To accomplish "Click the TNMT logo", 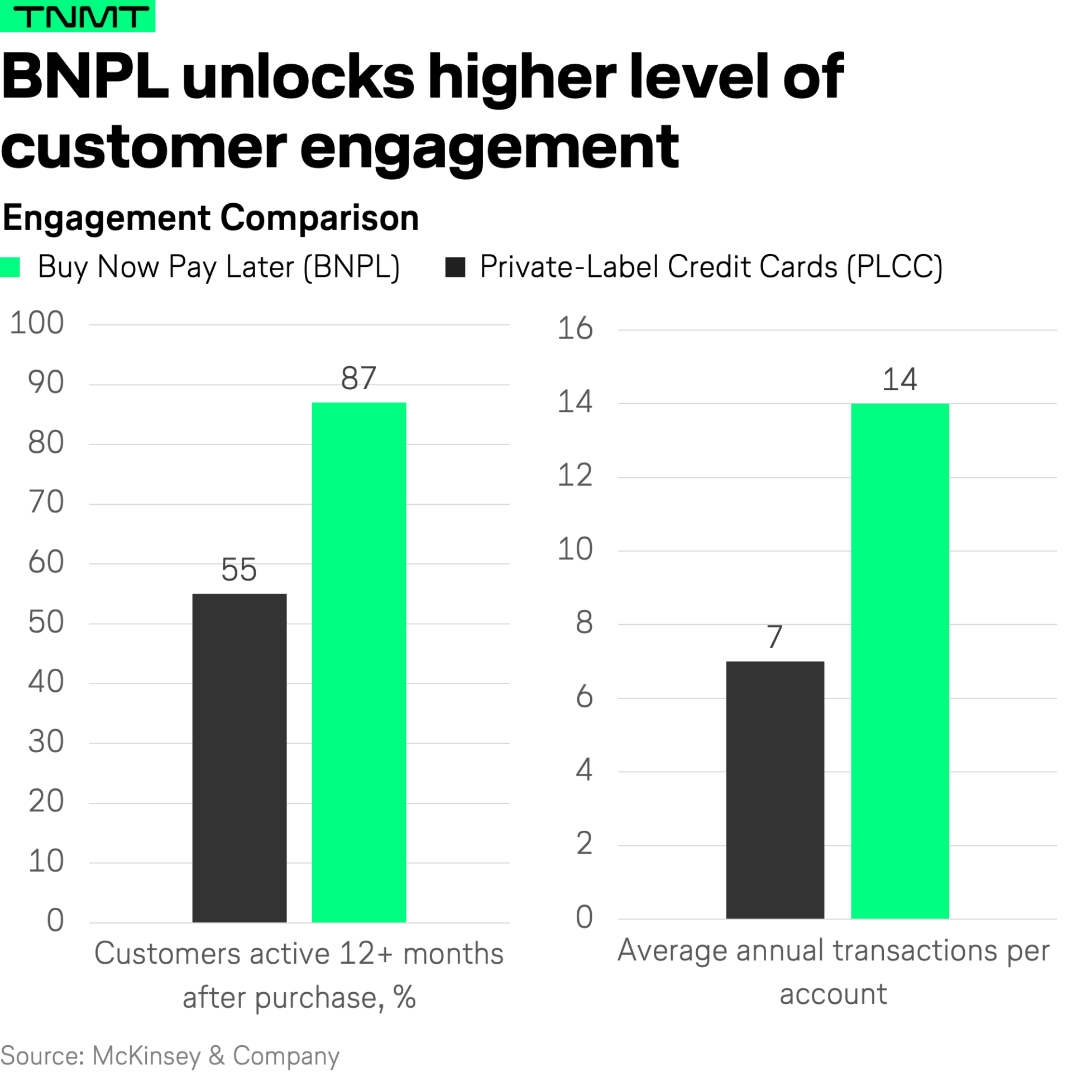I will click(78, 16).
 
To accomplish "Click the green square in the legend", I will click(10, 267).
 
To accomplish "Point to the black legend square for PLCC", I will click(455, 267).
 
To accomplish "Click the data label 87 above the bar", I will click(358, 378).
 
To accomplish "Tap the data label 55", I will click(239, 569).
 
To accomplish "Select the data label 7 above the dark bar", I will click(774, 636).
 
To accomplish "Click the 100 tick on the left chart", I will click(37, 323).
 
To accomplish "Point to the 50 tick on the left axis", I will click(46, 622).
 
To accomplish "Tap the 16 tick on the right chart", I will click(575, 328).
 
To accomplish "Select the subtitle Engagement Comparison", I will click(210, 217).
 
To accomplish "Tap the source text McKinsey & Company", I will click(215, 1055).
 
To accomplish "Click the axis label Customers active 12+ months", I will click(299, 953).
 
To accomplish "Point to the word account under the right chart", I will click(832, 994).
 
